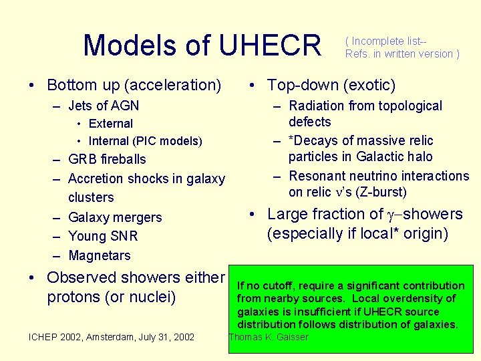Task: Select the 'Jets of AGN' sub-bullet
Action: pos(103,106)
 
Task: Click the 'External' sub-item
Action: pos(110,124)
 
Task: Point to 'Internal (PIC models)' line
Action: pos(145,141)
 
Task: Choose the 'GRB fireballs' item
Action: pos(107,159)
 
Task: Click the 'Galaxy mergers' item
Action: pos(115,217)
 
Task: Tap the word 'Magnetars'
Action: pos(100,255)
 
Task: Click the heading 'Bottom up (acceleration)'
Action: pos(134,85)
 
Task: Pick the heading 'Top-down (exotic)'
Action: pos(331,85)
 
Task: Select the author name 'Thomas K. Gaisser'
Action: pos(269,337)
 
